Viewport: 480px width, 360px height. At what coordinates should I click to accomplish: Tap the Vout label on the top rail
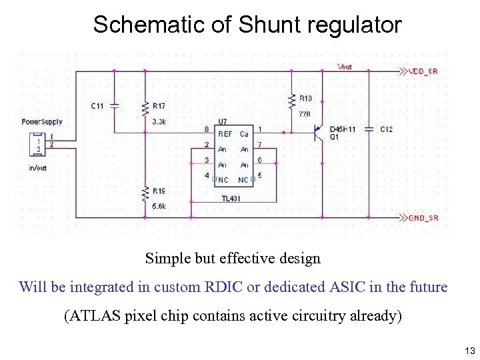tap(345, 67)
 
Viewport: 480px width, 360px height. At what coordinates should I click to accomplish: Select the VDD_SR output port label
tap(423, 71)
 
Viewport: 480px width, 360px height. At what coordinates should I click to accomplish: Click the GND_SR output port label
tap(423, 218)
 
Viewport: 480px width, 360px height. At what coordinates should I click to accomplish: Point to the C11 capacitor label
tap(97, 106)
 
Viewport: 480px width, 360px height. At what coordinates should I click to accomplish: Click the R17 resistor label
tap(159, 106)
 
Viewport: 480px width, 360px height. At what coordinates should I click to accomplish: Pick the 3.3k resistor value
tap(159, 122)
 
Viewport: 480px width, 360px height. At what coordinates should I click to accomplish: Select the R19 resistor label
tap(159, 191)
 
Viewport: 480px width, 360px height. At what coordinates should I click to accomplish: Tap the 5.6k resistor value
tap(159, 207)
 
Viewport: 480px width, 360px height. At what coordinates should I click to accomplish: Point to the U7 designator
tap(223, 121)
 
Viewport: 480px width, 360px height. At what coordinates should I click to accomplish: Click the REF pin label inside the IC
tap(225, 134)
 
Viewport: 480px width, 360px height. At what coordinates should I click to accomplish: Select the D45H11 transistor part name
tap(343, 129)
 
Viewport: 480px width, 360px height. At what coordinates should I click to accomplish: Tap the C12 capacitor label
tap(386, 129)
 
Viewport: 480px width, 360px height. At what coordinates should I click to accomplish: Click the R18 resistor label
tap(305, 98)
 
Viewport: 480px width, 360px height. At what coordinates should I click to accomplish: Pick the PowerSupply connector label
tap(42, 122)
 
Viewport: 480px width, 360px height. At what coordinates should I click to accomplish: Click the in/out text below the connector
tap(37, 168)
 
